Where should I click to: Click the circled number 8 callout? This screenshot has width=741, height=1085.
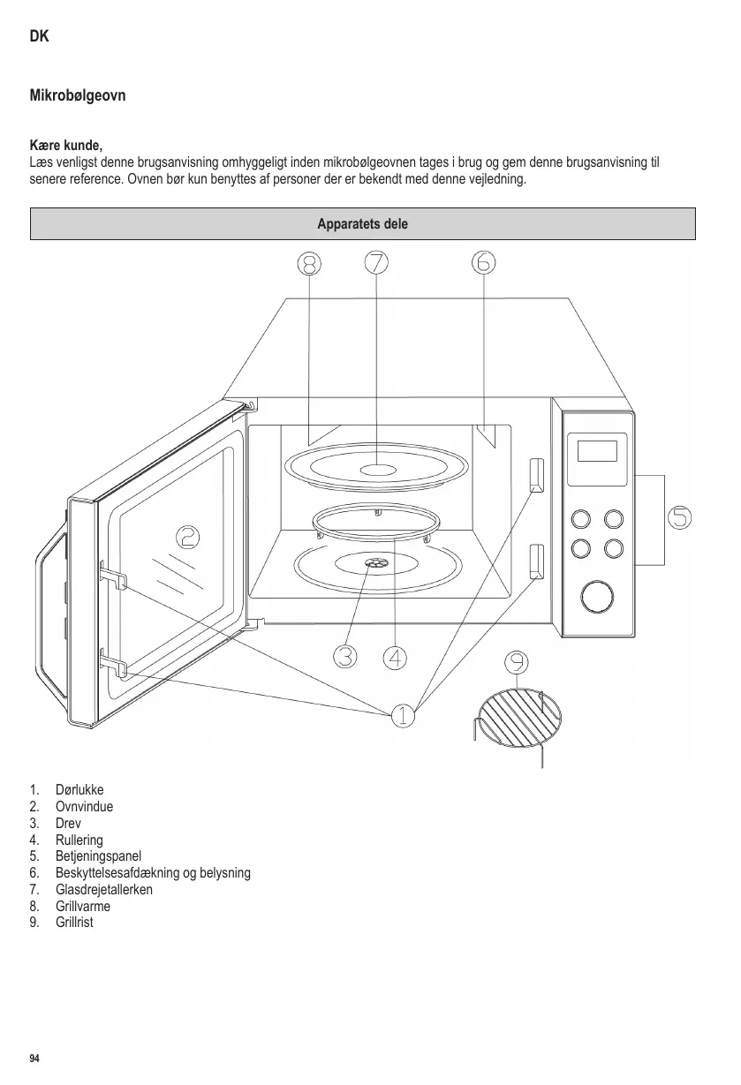308,262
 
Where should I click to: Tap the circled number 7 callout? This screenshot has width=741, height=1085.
376,262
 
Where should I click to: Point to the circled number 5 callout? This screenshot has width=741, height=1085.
679,516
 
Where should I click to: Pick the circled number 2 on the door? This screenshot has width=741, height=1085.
187,536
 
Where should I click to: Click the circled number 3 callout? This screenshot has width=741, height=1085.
345,656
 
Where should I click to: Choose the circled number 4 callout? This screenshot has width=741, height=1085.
396,657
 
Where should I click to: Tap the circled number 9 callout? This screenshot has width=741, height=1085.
517,662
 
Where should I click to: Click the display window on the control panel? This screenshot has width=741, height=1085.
596,451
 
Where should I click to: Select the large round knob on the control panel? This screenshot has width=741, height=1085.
597,597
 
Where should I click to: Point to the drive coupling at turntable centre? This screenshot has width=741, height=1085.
374,562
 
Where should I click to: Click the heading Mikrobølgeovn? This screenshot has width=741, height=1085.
78,95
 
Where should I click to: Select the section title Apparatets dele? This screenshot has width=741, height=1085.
362,224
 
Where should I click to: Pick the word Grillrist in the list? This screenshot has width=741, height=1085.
74,923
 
